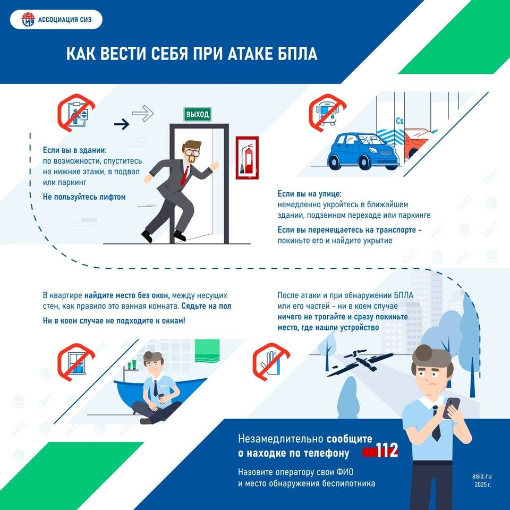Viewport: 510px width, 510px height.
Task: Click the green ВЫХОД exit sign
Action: click(x=198, y=114)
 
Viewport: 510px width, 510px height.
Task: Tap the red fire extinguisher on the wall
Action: click(x=248, y=158)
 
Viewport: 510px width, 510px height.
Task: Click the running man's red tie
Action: click(x=185, y=175)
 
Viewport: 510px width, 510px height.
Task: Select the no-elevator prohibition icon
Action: click(x=76, y=113)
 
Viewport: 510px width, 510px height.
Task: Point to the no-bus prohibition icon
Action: click(x=328, y=113)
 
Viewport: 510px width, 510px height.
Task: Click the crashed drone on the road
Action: click(x=361, y=362)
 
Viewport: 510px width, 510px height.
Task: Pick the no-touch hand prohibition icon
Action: click(x=271, y=362)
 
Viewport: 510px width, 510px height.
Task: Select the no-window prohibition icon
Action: click(x=76, y=362)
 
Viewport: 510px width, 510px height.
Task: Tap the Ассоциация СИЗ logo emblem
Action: click(x=28, y=20)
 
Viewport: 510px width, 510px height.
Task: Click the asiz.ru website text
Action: click(x=482, y=476)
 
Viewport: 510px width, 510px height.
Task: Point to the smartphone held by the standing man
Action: click(x=452, y=408)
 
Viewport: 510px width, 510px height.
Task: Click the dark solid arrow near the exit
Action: click(x=122, y=124)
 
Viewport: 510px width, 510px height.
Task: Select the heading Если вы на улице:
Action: click(x=309, y=194)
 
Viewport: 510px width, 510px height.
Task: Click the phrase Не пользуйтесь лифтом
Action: click(x=84, y=197)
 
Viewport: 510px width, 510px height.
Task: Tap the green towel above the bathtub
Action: click(x=207, y=351)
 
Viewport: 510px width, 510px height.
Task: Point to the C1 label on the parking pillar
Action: click(x=399, y=121)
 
